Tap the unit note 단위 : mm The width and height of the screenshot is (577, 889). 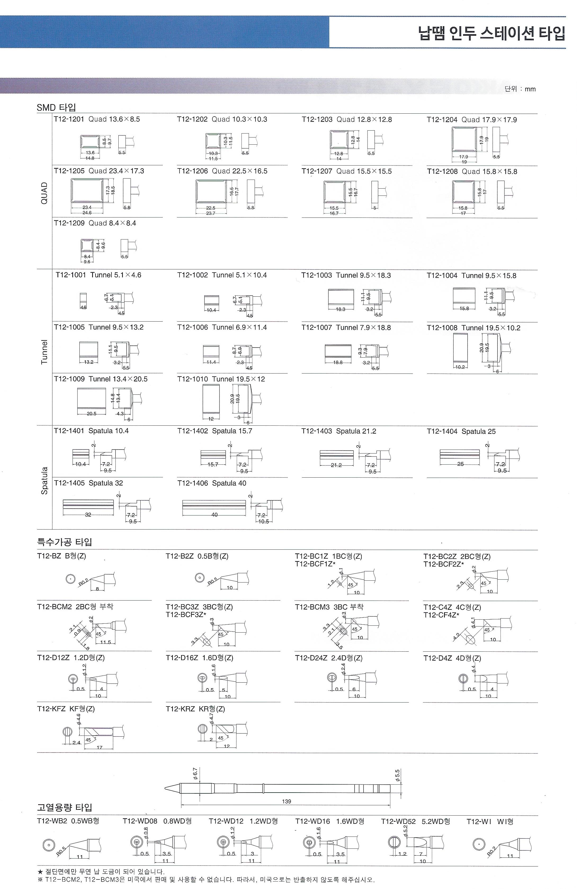pyautogui.click(x=520, y=89)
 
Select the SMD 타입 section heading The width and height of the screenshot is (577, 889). pyautogui.click(x=56, y=108)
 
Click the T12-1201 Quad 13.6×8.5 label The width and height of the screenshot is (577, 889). pyautogui.click(x=97, y=119)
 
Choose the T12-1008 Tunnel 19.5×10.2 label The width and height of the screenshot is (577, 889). pyautogui.click(x=473, y=328)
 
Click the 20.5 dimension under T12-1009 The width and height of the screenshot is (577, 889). pyautogui.click(x=92, y=414)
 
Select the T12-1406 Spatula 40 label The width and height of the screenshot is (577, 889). pyautogui.click(x=212, y=483)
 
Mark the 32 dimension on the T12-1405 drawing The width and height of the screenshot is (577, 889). pyautogui.click(x=88, y=514)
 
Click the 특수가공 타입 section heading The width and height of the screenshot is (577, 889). pyautogui.click(x=64, y=542)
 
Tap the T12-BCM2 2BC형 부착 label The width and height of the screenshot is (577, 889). pyautogui.click(x=75, y=607)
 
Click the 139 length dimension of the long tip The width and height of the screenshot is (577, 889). pyautogui.click(x=287, y=801)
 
